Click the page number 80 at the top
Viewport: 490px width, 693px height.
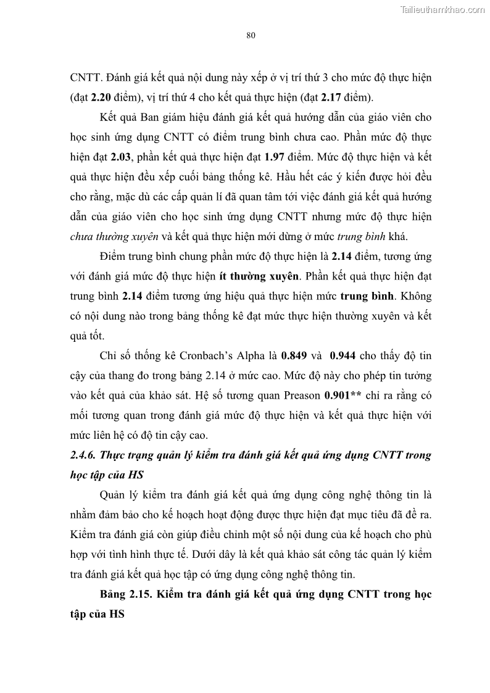click(x=251, y=35)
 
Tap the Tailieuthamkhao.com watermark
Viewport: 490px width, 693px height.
click(x=443, y=10)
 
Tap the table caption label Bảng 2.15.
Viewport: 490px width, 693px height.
click(x=124, y=595)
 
